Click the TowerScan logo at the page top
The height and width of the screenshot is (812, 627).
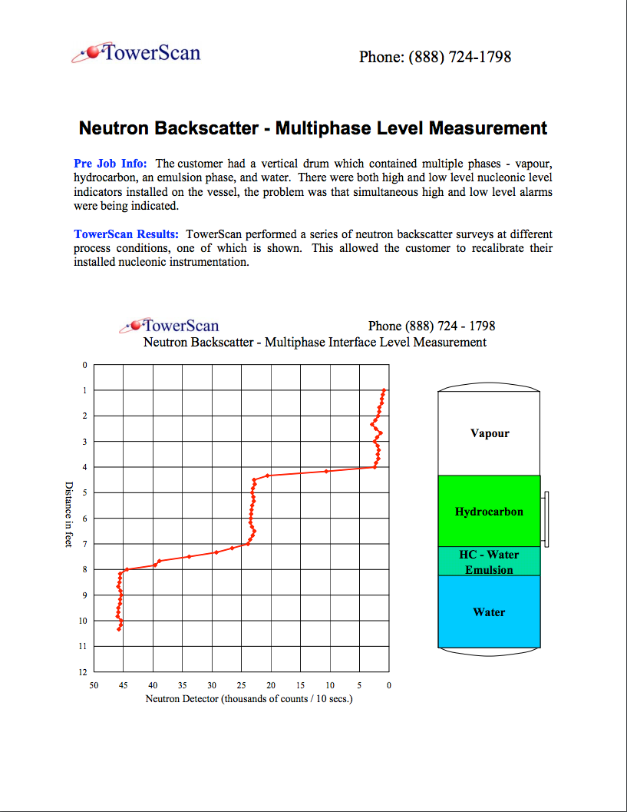[136, 53]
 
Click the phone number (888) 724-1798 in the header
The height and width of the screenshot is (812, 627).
[434, 57]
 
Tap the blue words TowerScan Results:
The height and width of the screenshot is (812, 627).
[127, 234]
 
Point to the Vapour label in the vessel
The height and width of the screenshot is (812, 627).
[489, 433]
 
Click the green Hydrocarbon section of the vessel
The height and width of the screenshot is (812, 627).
[489, 512]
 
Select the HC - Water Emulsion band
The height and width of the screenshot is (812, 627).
[489, 562]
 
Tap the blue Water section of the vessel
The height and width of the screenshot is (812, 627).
[489, 612]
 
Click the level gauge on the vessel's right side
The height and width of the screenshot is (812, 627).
[545, 519]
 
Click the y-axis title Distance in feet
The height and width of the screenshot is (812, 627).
[68, 514]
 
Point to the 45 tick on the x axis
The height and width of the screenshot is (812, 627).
[123, 684]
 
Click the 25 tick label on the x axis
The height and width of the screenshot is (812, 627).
[242, 684]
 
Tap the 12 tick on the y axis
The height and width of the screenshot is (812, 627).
[85, 672]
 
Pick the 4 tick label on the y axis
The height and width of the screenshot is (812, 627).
[85, 467]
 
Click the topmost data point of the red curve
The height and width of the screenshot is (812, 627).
[384, 390]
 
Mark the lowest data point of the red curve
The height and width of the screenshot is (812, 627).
[119, 629]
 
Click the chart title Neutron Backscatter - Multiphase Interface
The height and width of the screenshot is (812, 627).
[315, 342]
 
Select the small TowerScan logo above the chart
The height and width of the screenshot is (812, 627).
[170, 326]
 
